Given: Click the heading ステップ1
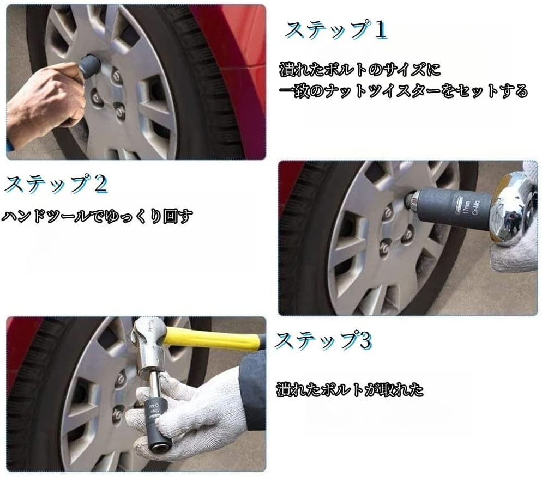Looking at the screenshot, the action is point(336,30).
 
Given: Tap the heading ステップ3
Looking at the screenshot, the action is point(323,341).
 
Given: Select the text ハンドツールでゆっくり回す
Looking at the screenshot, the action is point(97,216).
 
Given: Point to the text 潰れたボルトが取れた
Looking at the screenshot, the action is point(350,390).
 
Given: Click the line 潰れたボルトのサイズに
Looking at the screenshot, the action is point(360,69).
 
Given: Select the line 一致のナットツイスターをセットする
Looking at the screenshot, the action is point(404,91).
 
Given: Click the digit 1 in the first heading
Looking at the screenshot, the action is point(380,30).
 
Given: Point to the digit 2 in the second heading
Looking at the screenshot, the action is point(100,184).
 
